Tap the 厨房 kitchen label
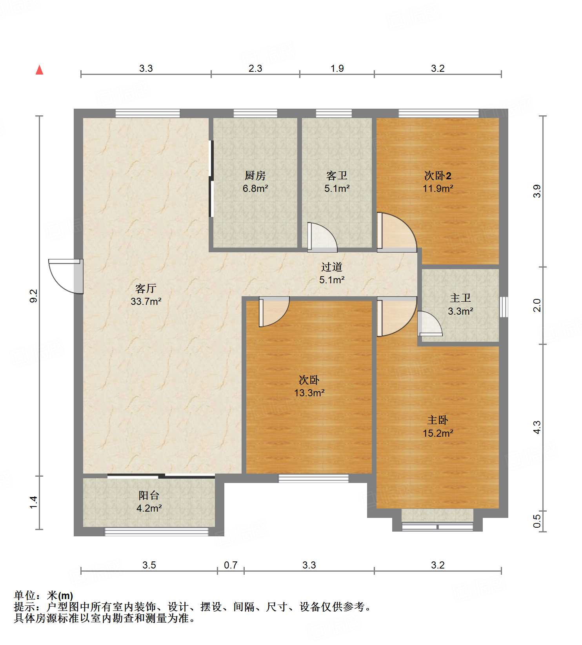pos(255,175)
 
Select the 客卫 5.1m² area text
pos(337,188)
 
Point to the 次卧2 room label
pos(438,175)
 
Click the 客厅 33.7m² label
pos(146,295)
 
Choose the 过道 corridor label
pos(332,267)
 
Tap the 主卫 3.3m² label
pos(460,304)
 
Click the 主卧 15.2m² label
pos(438,426)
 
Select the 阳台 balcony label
pos(149,496)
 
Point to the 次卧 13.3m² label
pos(309,386)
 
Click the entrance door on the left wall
pos(66,276)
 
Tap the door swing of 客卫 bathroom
pos(322,237)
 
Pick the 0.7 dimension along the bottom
pos(231,565)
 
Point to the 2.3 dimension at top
pos(255,68)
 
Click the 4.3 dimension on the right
pos(537,427)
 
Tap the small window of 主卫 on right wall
pos(504,307)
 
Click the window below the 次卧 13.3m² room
pos(313,478)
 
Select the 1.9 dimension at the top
pos(337,68)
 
